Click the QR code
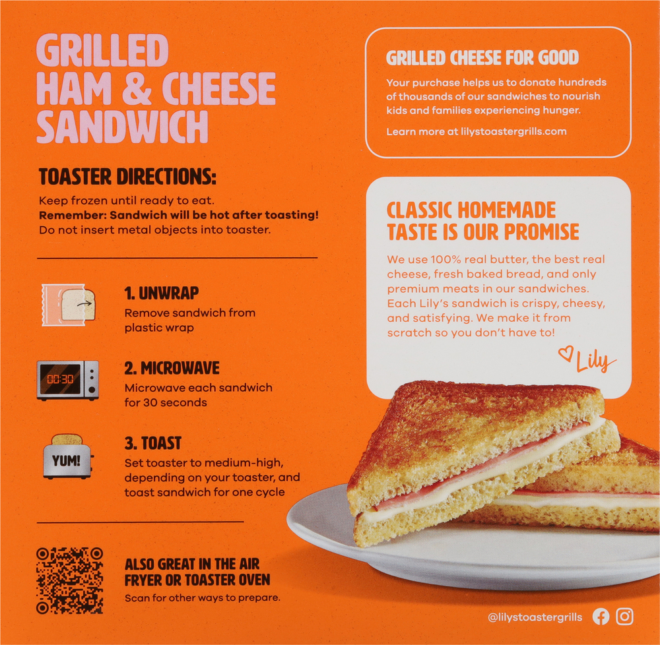(x=69, y=580)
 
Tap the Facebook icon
(x=601, y=617)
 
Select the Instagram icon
(x=624, y=617)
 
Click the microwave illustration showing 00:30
(x=68, y=380)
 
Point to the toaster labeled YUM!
(x=67, y=456)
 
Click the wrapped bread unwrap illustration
(x=68, y=304)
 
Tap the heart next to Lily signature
(x=565, y=354)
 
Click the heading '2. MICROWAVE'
(x=172, y=368)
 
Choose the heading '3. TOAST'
(x=152, y=443)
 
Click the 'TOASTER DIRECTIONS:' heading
(x=127, y=177)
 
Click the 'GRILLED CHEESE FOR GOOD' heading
(x=482, y=58)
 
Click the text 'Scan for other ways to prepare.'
(x=203, y=598)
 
